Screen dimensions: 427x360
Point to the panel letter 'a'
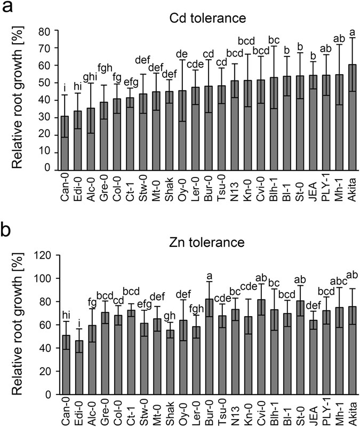[9, 10]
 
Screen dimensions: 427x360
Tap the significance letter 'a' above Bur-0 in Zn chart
[209, 276]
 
